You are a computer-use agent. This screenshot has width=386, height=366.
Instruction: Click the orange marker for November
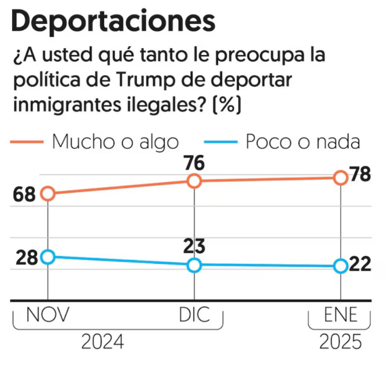tap(48, 194)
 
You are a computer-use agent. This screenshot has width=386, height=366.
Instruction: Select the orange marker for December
tap(194, 181)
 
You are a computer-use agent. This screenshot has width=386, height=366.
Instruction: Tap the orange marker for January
tap(340, 178)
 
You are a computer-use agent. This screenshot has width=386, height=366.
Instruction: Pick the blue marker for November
tap(48, 256)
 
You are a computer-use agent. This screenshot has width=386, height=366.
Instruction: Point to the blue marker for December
tap(194, 265)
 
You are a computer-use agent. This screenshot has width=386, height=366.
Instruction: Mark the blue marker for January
tap(340, 266)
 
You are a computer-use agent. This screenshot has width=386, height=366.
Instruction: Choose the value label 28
tap(28, 257)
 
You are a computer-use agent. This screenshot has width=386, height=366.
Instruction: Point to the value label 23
tap(194, 247)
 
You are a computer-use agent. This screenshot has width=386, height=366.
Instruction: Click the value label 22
tap(360, 265)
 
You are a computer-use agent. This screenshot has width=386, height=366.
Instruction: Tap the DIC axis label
tap(194, 315)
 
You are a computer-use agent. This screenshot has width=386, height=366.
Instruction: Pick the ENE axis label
tap(340, 315)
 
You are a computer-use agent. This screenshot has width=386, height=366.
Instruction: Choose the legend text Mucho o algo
tap(115, 142)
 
